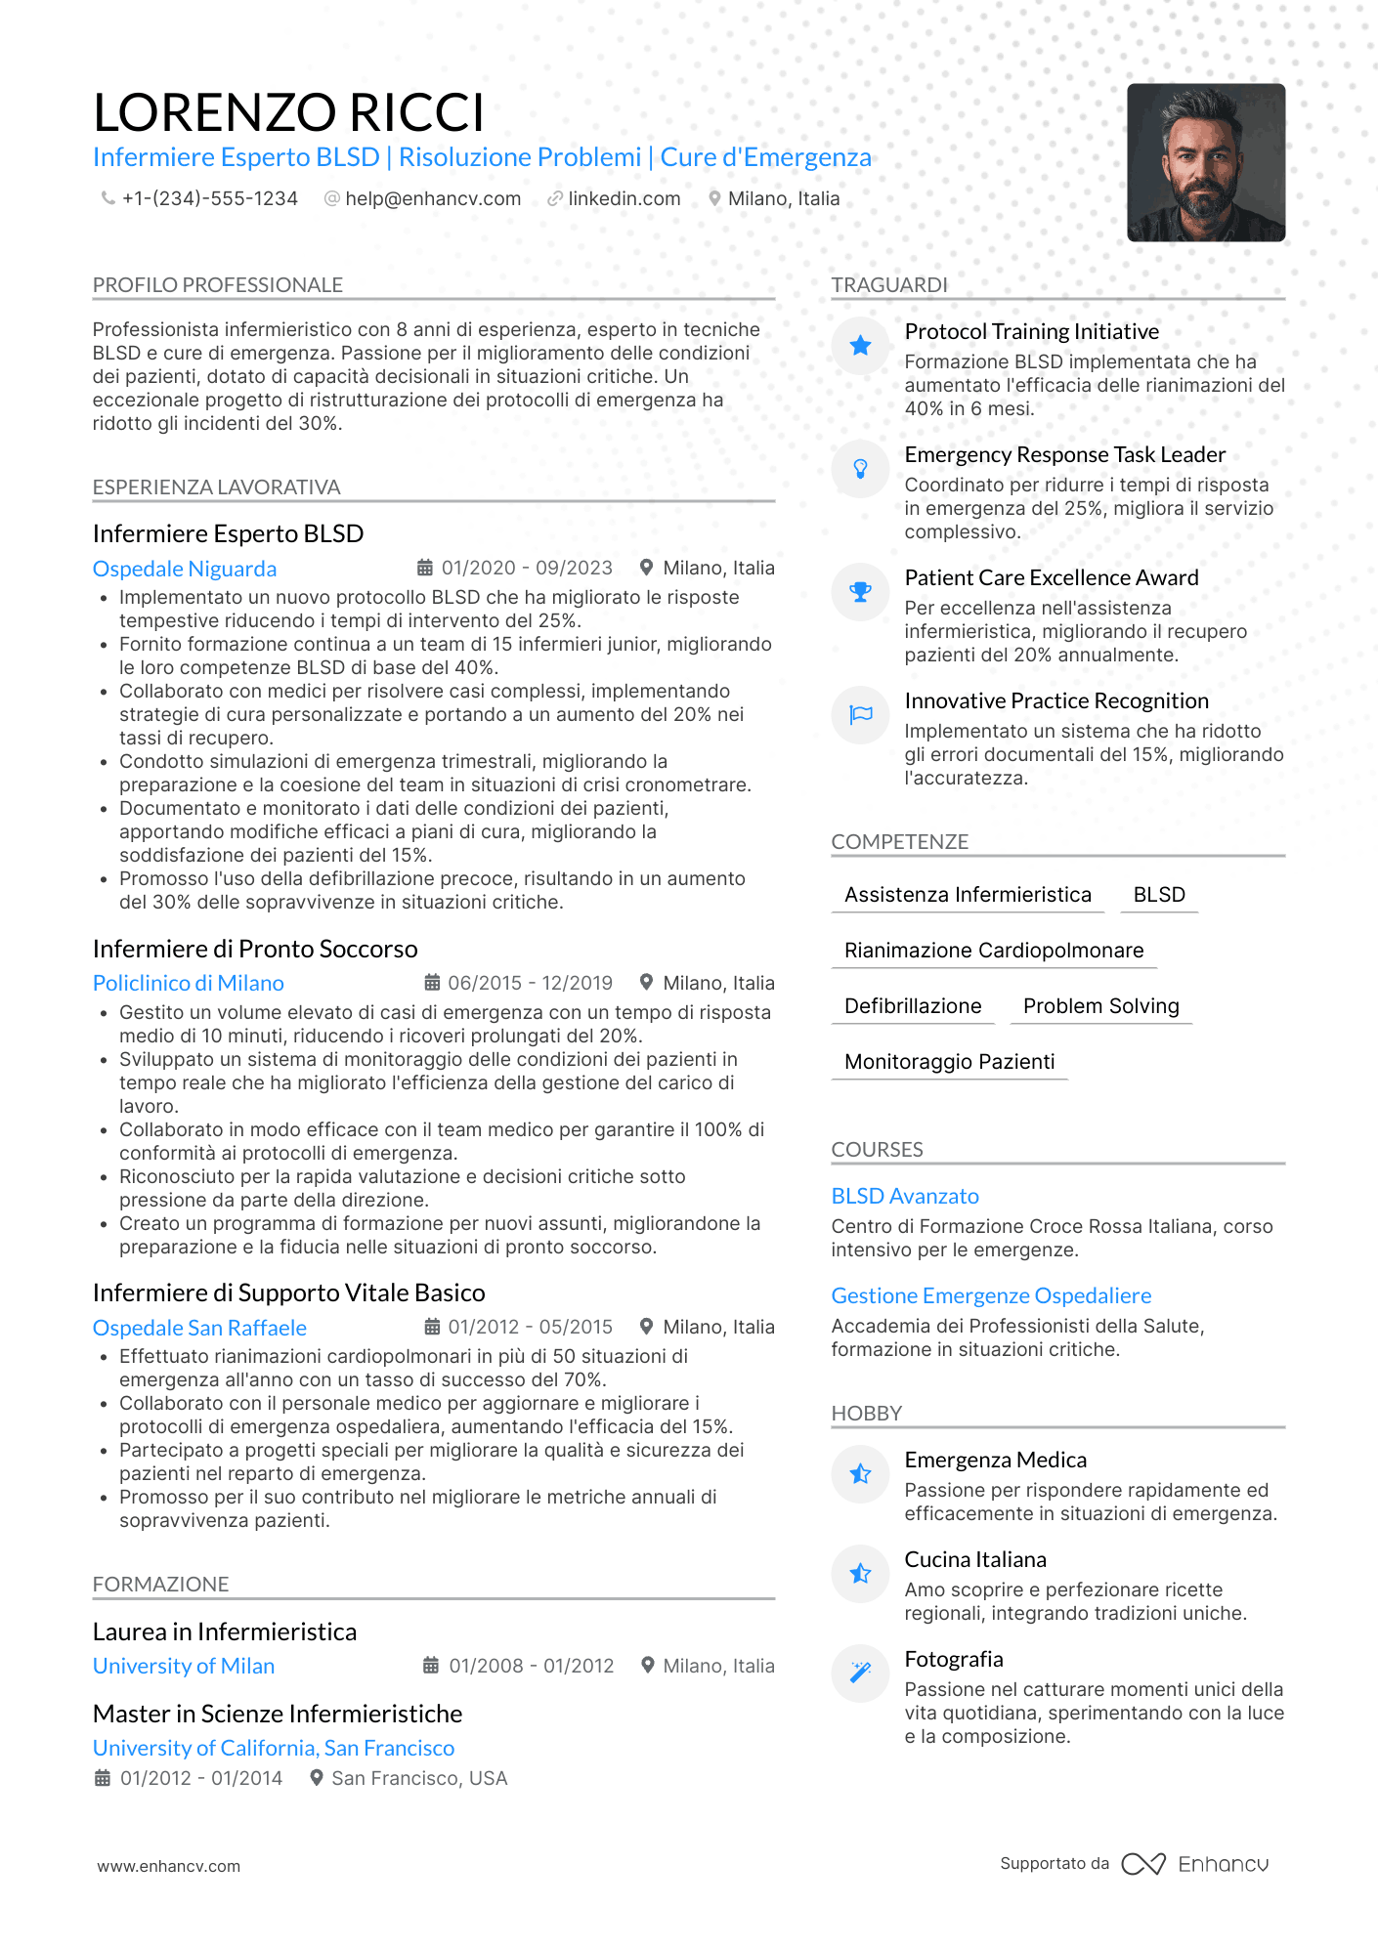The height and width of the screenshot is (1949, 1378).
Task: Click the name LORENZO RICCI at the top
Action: click(288, 112)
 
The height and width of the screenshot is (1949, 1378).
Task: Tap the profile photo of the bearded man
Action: click(1205, 162)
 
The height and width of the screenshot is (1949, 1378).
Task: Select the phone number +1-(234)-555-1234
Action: click(209, 199)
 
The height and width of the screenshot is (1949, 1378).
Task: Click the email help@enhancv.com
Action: click(432, 199)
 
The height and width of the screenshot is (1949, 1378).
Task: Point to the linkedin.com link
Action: click(624, 199)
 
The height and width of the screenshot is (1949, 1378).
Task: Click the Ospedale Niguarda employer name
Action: click(185, 569)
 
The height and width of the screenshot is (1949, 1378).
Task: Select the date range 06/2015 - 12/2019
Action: click(530, 983)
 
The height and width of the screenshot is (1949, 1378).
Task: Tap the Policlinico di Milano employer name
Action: click(189, 983)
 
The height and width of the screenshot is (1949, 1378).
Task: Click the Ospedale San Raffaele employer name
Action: click(199, 1328)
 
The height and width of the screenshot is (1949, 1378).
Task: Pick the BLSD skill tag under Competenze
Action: click(1159, 895)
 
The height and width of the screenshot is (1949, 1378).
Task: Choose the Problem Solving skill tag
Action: click(1100, 1006)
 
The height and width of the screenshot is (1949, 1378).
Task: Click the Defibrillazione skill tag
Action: click(913, 1006)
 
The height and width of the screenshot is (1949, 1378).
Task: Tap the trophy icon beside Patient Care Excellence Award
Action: click(860, 591)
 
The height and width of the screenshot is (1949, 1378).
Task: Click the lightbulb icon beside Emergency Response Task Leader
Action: click(860, 469)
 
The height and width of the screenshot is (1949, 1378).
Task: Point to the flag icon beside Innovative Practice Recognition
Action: click(860, 714)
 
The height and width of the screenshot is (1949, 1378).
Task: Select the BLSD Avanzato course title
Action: click(905, 1196)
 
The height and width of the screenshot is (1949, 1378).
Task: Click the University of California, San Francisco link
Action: click(274, 1748)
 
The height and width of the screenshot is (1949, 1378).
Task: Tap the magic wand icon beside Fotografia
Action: click(860, 1673)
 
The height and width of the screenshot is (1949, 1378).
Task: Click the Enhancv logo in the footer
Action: click(1195, 1864)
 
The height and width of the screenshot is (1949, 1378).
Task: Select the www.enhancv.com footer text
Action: click(168, 1866)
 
